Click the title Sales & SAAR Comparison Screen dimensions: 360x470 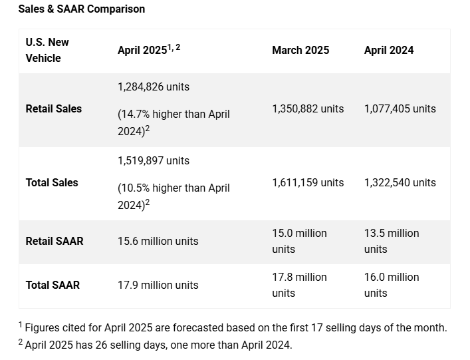(x=82, y=9)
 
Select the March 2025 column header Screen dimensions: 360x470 (x=300, y=50)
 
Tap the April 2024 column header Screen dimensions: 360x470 (x=389, y=50)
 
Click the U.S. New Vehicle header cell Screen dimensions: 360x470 (x=47, y=50)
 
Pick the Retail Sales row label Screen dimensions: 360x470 (x=54, y=108)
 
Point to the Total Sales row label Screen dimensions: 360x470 (x=52, y=182)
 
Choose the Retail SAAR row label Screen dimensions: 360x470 (x=55, y=241)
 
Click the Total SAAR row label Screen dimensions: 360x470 (x=53, y=285)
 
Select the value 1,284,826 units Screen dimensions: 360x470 (x=154, y=87)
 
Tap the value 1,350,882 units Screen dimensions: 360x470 (x=308, y=108)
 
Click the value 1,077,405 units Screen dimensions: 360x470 (x=400, y=108)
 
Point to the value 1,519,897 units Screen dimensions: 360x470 (x=154, y=160)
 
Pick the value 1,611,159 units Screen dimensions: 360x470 (x=308, y=182)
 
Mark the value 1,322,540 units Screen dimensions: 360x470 (x=400, y=182)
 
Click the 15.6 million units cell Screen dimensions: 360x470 (x=158, y=241)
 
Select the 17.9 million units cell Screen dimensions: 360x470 (x=158, y=285)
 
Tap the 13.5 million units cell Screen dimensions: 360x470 (x=392, y=241)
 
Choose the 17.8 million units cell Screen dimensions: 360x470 (x=299, y=285)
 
